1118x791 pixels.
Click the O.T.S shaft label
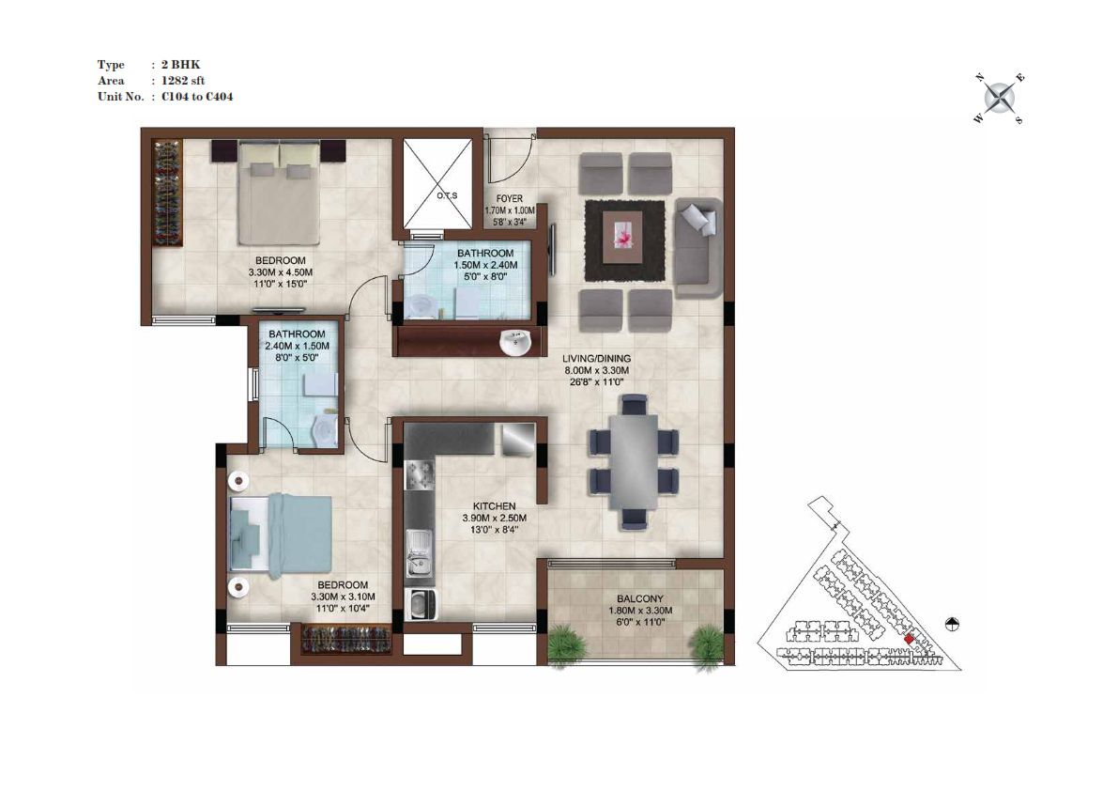(447, 195)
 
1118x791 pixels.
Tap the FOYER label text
(509, 198)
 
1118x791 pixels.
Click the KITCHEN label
(494, 506)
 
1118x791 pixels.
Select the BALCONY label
(640, 599)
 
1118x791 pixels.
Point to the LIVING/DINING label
(597, 359)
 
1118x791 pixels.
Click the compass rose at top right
(1001, 98)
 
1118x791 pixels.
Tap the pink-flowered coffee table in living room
(622, 239)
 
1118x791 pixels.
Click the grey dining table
(634, 461)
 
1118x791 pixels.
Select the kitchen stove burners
(420, 473)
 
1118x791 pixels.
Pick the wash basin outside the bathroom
(514, 342)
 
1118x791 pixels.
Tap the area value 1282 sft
(183, 81)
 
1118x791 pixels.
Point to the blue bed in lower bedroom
(281, 532)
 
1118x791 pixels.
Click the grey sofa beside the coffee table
(697, 248)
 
